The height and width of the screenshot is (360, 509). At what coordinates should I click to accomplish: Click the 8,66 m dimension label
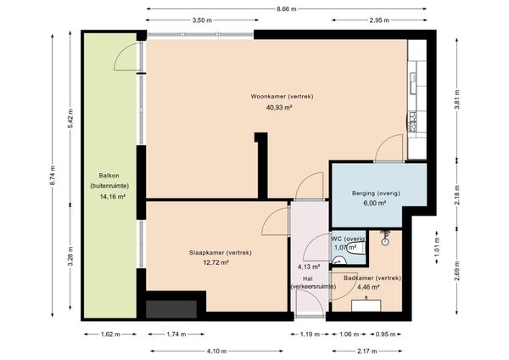(287, 9)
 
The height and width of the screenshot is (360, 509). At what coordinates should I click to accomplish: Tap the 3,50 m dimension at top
(202, 20)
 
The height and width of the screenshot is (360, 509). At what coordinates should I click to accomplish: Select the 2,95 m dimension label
(379, 20)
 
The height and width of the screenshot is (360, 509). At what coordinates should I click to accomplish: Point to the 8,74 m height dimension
(53, 176)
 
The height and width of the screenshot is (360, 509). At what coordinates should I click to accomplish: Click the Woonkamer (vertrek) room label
(282, 97)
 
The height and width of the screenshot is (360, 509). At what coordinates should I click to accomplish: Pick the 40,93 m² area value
(279, 108)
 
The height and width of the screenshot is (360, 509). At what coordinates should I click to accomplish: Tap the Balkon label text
(109, 176)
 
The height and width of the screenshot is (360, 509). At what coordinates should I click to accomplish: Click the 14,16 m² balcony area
(113, 197)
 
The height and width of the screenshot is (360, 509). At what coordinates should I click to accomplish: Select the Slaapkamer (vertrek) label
(221, 252)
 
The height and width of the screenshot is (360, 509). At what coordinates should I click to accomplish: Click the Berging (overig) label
(376, 194)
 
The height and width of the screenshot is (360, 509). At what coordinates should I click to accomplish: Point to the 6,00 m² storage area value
(375, 203)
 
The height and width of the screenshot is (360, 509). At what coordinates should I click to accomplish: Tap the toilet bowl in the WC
(354, 250)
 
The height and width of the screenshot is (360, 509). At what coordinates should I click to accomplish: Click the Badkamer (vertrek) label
(372, 278)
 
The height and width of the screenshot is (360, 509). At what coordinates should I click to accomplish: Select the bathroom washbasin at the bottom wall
(366, 306)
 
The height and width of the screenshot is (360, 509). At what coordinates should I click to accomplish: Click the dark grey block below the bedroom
(171, 309)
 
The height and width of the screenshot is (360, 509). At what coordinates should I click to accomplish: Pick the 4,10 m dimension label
(217, 352)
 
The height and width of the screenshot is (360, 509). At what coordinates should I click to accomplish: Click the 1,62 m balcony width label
(110, 334)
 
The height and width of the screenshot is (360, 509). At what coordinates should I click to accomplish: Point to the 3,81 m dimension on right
(456, 99)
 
